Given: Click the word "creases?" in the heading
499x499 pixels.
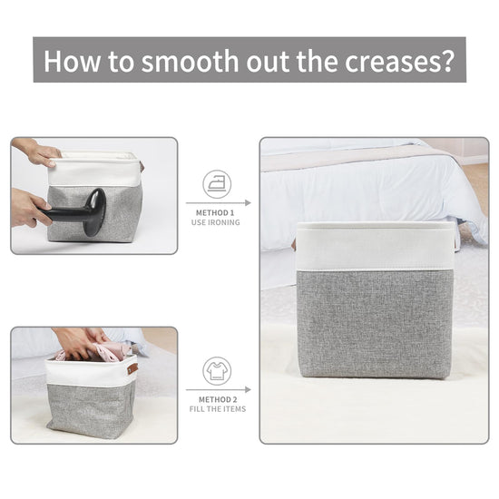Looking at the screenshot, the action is click(x=399, y=61).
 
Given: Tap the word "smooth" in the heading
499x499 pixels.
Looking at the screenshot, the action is click(x=190, y=61).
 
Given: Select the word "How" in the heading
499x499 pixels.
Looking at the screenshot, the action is click(x=72, y=61).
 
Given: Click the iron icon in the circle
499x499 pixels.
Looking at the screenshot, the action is click(x=217, y=184).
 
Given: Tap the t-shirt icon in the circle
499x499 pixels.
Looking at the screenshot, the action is click(x=217, y=371).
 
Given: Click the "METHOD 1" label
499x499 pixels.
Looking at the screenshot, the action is click(x=215, y=213).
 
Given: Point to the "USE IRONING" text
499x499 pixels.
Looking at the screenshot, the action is click(x=215, y=222).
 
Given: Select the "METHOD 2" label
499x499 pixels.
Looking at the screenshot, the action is click(x=218, y=399).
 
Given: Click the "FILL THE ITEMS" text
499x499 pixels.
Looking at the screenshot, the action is click(x=218, y=409).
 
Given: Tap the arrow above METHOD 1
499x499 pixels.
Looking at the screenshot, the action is click(x=219, y=202).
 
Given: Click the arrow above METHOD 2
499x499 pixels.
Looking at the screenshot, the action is click(x=219, y=389).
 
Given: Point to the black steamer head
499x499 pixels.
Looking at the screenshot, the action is click(x=94, y=212).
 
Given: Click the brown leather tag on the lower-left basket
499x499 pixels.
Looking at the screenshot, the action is click(x=132, y=368).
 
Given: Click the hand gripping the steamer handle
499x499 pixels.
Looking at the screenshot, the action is click(x=29, y=207).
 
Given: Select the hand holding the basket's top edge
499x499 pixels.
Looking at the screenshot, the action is click(x=38, y=152).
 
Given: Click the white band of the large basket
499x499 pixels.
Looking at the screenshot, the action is click(x=375, y=246).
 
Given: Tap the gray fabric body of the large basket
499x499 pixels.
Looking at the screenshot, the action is click(x=375, y=324).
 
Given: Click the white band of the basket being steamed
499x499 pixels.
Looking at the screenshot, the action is click(x=94, y=171).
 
